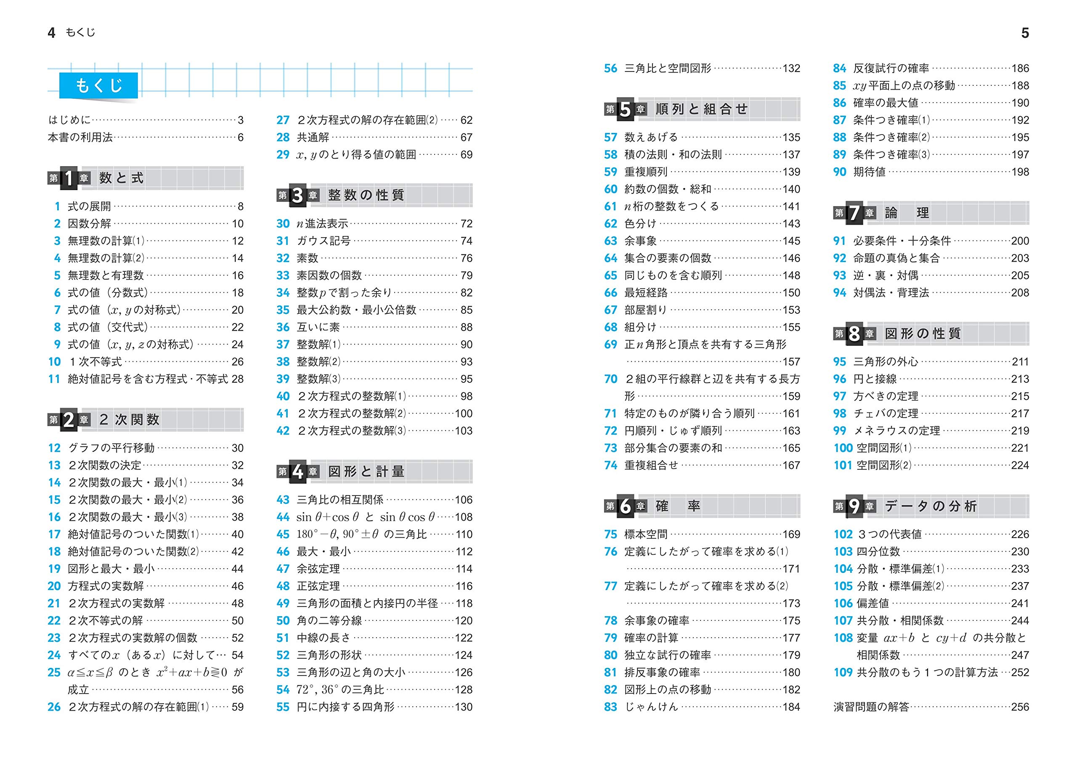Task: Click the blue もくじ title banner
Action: (x=99, y=85)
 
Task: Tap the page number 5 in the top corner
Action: (x=1025, y=33)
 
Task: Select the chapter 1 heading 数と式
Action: (x=121, y=178)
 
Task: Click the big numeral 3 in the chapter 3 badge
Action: (x=297, y=196)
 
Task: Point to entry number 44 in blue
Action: (x=282, y=517)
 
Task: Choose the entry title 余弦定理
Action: (x=318, y=569)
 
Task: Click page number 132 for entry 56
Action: (x=791, y=69)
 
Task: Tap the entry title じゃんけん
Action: (x=651, y=707)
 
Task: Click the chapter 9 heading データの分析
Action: (x=931, y=506)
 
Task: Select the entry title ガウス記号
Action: (x=323, y=241)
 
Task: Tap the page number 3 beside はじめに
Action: (x=241, y=120)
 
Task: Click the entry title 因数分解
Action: (x=89, y=224)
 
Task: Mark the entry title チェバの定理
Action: (x=885, y=413)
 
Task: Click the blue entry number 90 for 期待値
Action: (x=839, y=172)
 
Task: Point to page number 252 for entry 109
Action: (x=1020, y=672)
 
